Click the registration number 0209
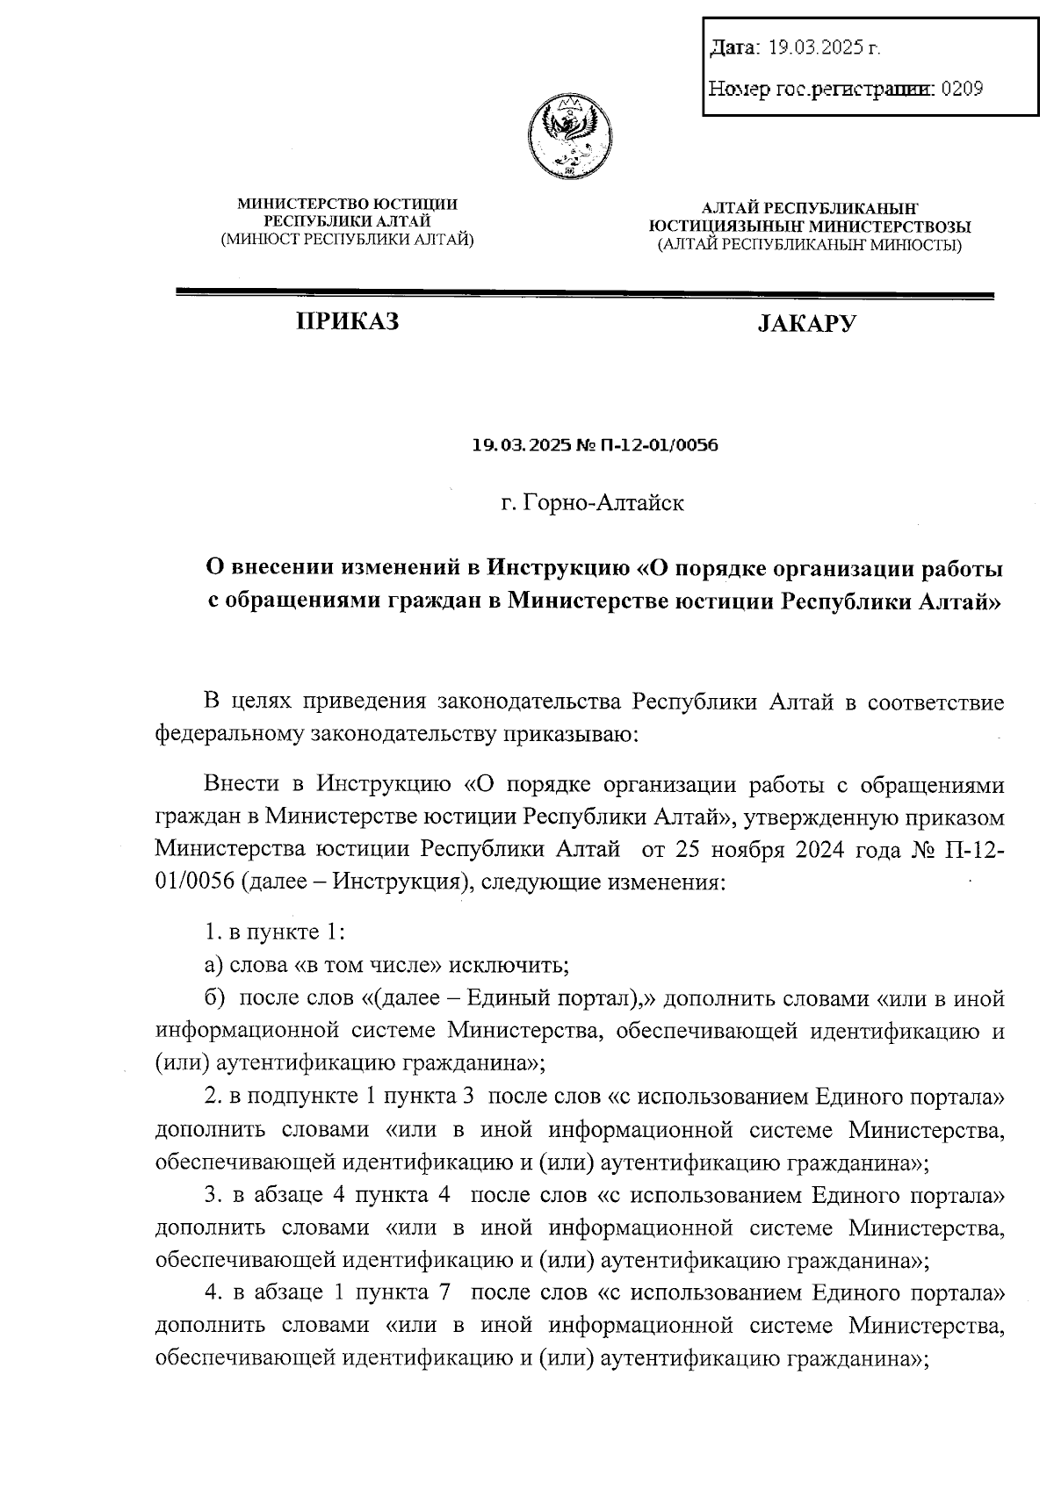point(962,88)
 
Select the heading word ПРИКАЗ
point(348,322)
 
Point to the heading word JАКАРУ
point(807,324)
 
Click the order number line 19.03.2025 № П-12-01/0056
point(596,445)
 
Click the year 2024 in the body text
point(820,850)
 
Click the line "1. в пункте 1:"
point(274,932)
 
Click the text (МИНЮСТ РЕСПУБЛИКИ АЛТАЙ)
point(348,239)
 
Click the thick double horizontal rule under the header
point(585,295)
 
